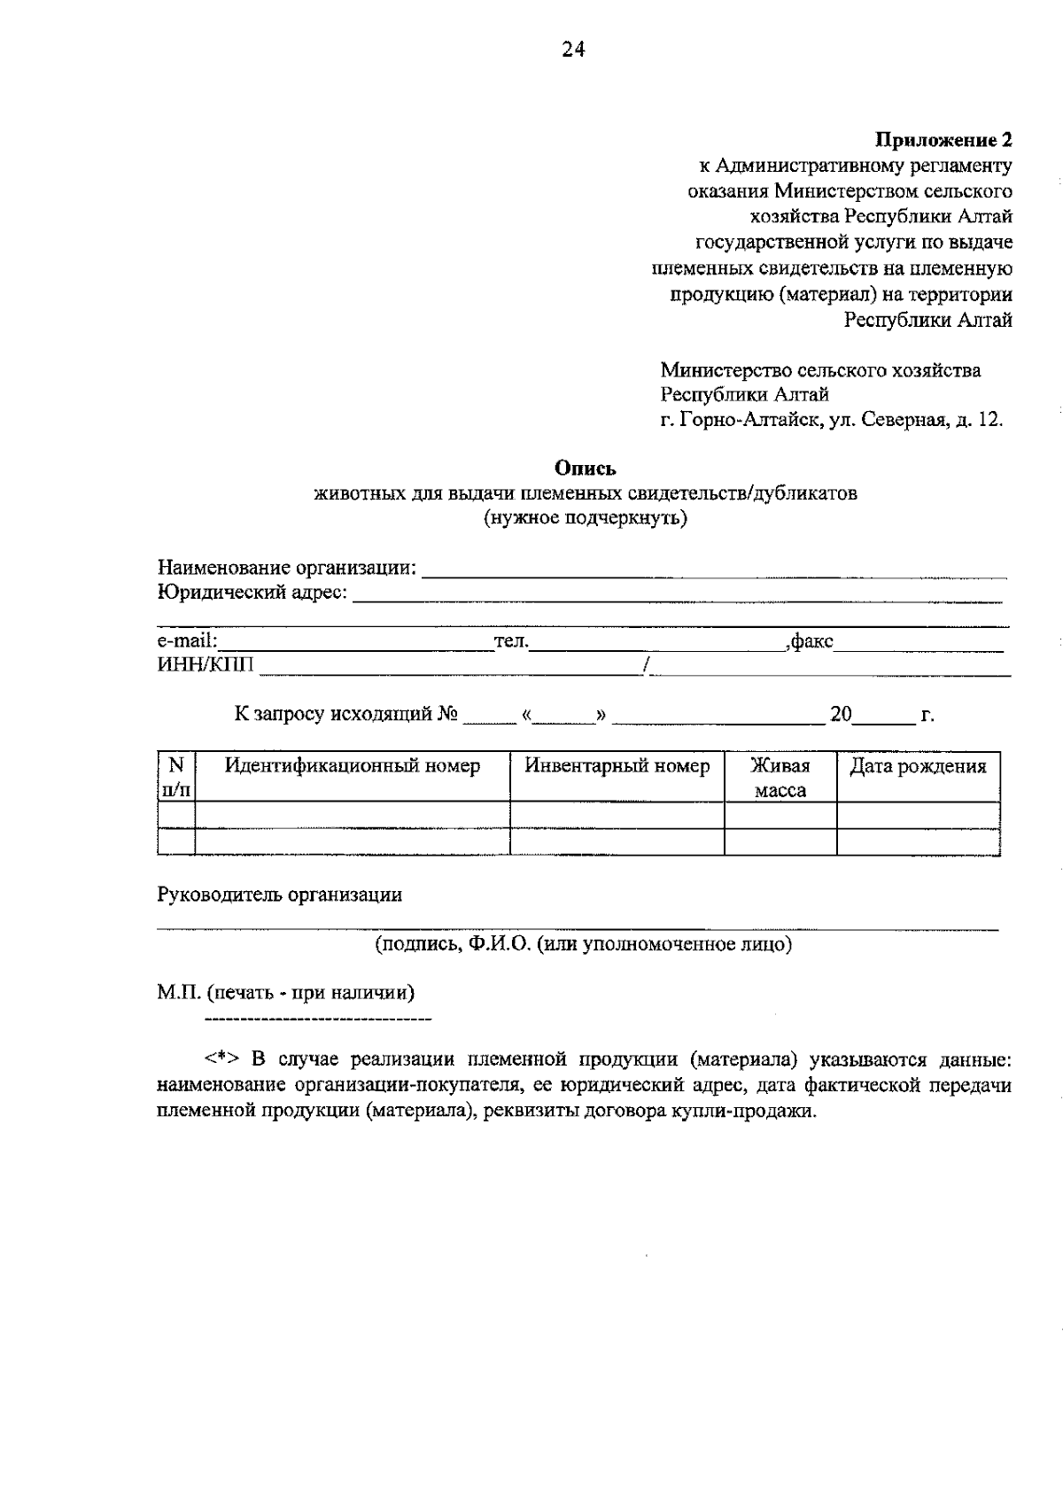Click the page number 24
573,50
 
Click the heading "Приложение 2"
943,140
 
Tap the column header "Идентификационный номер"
352,766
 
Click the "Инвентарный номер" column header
617,766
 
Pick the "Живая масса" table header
780,777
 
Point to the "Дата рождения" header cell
918,766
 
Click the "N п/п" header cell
175,776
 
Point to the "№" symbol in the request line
447,714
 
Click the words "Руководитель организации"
279,895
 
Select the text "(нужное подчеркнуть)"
585,518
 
